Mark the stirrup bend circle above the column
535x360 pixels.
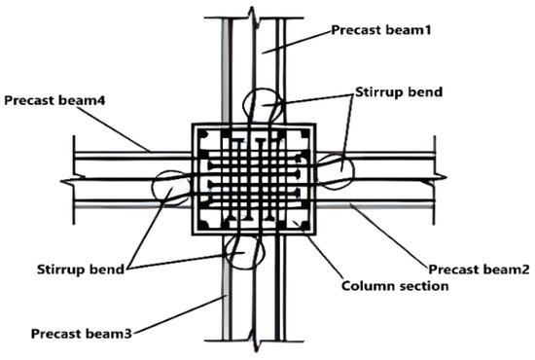(260, 107)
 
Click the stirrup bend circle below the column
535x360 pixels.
(242, 250)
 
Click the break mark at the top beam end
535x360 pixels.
(253, 14)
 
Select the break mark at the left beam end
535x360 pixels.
(68, 179)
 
